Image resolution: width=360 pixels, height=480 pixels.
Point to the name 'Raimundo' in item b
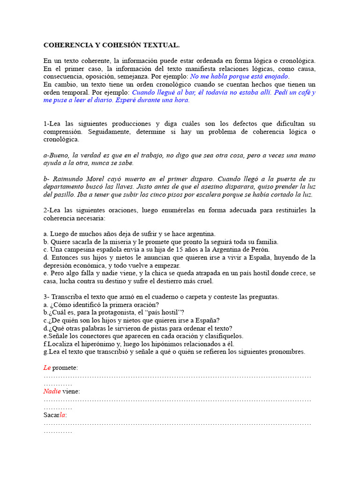click(68, 179)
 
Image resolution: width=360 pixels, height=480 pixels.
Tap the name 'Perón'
click(258, 249)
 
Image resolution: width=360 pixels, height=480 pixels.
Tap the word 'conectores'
click(85, 336)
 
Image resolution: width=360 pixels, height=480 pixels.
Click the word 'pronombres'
click(288, 352)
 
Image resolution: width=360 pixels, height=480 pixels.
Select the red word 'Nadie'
click(52, 391)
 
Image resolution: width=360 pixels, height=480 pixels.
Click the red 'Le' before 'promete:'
click(47, 368)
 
